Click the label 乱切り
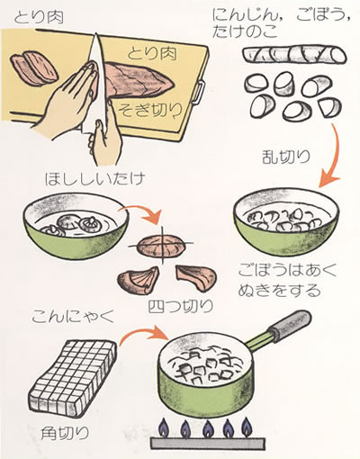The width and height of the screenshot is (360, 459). (x=286, y=157)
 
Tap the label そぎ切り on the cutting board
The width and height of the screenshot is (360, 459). (x=150, y=111)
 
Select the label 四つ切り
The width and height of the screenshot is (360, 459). (x=181, y=306)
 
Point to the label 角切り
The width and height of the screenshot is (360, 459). (x=65, y=433)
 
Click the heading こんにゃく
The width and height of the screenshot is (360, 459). (x=74, y=317)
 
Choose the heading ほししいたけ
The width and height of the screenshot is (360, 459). (x=94, y=179)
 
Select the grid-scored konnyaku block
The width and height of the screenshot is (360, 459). (x=73, y=378)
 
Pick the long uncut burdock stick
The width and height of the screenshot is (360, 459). (x=294, y=55)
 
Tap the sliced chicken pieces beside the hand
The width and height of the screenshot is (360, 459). (x=34, y=68)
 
